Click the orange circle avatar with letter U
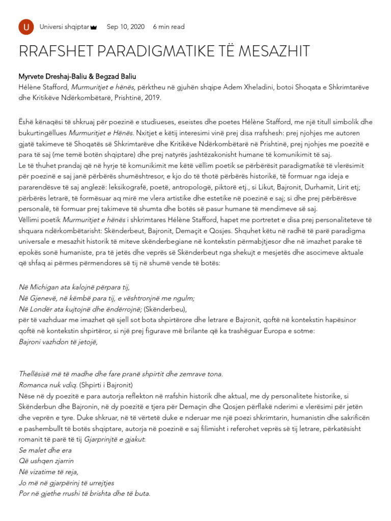[x=26, y=27]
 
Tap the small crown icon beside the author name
[x=94, y=27]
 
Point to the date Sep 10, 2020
[x=125, y=27]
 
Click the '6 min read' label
[x=169, y=27]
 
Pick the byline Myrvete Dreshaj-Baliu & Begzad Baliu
[x=77, y=76]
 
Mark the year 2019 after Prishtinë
[x=151, y=98]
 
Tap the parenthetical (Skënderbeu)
[x=165, y=309]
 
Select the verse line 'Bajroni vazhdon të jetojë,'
[x=58, y=341]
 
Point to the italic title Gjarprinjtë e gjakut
[x=114, y=439]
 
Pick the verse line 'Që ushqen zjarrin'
[x=46, y=461]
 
